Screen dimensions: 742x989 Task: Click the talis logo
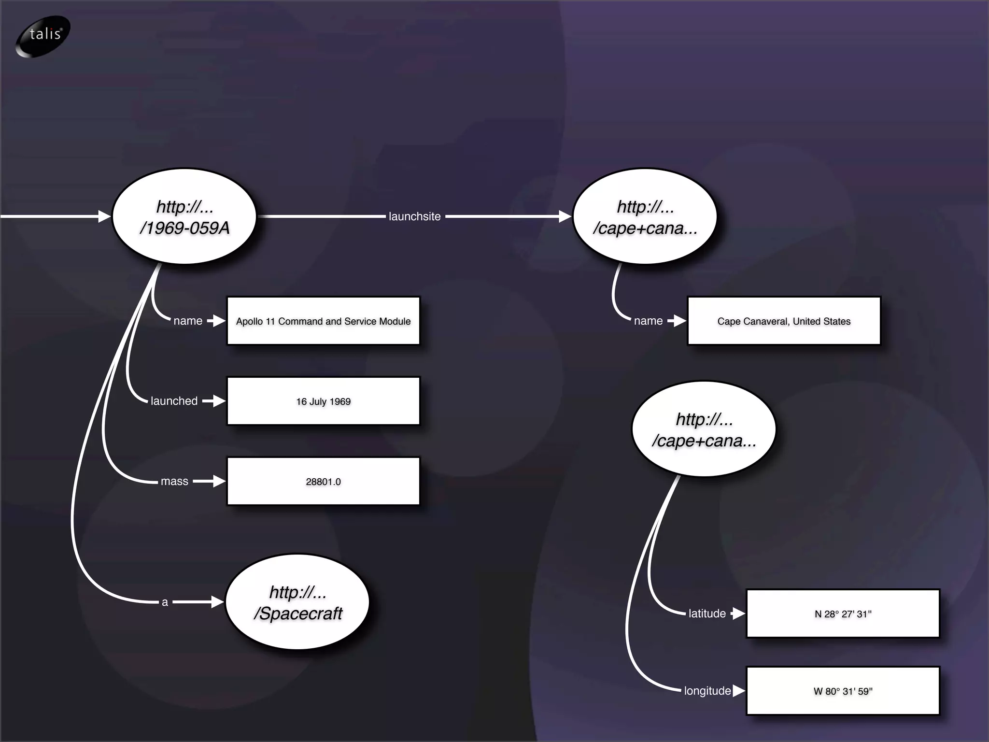43,36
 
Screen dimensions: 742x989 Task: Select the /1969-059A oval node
184,216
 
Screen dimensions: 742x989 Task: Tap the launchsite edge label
414,216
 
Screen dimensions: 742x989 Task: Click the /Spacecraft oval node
297,602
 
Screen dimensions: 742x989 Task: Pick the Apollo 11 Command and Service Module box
323,321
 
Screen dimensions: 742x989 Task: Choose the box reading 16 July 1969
323,401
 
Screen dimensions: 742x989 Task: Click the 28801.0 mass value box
323,481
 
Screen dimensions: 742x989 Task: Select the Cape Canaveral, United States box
783,321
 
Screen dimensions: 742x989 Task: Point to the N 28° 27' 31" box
843,614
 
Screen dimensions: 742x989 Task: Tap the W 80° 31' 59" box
843,691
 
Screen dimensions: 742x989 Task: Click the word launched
174,401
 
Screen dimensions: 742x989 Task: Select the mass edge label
174,481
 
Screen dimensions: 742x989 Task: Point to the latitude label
707,614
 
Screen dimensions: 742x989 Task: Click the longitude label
707,691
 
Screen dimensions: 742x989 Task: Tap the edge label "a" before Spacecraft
165,602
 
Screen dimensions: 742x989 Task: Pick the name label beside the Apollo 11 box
188,321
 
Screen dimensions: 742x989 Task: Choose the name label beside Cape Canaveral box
648,321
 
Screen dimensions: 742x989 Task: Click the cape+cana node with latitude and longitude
704,429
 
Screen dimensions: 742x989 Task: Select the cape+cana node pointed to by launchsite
645,216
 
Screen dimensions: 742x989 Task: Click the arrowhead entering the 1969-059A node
104,216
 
